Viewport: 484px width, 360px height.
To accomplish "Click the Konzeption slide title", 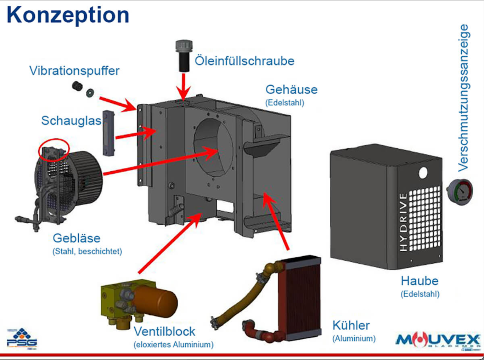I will (x=68, y=15).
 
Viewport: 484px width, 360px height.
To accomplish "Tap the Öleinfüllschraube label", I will (x=244, y=61).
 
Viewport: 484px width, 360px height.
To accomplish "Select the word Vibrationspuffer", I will (x=74, y=71).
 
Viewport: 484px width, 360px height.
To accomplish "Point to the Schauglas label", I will (x=71, y=121).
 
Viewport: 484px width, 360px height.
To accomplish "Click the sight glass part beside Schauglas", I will (x=108, y=133).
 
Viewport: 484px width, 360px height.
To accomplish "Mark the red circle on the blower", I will (x=54, y=150).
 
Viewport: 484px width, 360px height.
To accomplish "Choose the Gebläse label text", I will (x=77, y=238).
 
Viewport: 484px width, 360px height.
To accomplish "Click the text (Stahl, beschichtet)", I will (x=87, y=251).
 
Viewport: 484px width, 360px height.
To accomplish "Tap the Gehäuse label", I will (x=291, y=90).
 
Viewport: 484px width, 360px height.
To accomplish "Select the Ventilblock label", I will (x=164, y=331).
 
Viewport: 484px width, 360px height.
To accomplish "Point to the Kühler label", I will (x=351, y=325).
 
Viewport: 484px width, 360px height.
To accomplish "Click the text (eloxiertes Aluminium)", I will (x=174, y=344).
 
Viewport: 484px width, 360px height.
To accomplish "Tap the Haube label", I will (x=420, y=281).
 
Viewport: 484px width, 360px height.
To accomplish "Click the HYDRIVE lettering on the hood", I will (x=404, y=222).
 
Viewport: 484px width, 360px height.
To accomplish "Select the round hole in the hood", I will (x=423, y=173).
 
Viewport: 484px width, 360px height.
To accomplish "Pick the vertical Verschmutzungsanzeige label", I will (x=463, y=98).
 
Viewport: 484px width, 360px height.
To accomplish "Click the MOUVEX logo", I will (x=438, y=341).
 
